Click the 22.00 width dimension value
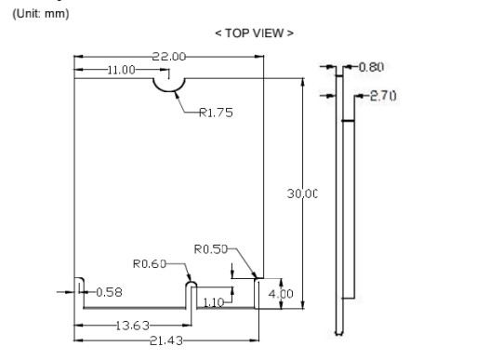[x=168, y=57]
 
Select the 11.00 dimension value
[x=121, y=70]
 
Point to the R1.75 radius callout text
[x=216, y=113]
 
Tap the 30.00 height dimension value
[x=302, y=193]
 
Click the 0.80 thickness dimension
[x=371, y=67]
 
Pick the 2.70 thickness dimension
[x=383, y=96]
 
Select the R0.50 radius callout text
[x=211, y=249]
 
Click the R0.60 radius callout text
[x=150, y=264]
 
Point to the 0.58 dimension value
[x=109, y=292]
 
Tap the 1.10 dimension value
[x=214, y=302]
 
